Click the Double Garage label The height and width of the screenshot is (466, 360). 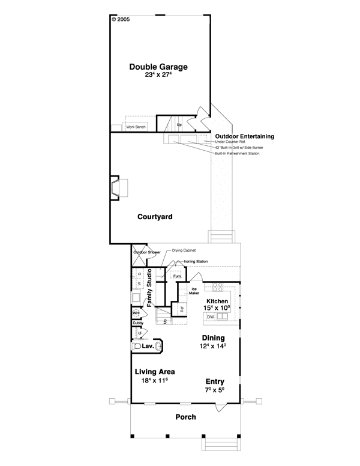tap(158, 67)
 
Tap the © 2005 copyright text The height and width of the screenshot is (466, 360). tap(120, 19)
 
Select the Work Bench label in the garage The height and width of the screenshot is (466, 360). tap(135, 127)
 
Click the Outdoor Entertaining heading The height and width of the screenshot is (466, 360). tap(244, 136)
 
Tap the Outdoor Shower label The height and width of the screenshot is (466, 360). tap(146, 252)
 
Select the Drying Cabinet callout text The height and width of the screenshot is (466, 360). tap(184, 250)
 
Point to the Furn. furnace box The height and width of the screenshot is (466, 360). tap(177, 276)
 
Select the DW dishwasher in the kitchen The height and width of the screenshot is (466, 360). tap(211, 316)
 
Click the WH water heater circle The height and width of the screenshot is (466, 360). tap(136, 313)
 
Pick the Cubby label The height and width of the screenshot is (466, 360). tap(137, 323)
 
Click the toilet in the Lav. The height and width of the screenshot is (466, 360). tap(137, 347)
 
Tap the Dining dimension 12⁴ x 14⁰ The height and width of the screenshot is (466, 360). tap(213, 346)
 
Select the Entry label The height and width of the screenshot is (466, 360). tap(215, 381)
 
